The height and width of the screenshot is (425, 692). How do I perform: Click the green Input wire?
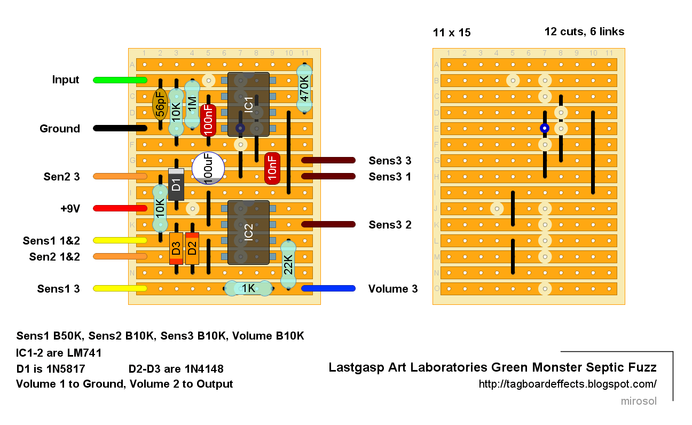(120, 80)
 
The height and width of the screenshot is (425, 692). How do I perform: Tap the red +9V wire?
(120, 208)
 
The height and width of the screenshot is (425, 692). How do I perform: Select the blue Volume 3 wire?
(328, 288)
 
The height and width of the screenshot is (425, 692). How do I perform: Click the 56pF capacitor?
(160, 105)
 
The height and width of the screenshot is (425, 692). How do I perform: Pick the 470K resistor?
(304, 88)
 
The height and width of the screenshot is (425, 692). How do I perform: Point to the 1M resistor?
(192, 105)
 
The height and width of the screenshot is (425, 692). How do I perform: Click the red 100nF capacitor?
(208, 121)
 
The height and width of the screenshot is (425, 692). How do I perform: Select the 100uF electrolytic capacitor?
(208, 168)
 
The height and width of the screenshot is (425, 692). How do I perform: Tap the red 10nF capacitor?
(272, 169)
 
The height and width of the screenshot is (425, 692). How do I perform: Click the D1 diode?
(176, 184)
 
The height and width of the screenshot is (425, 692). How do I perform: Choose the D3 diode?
(176, 249)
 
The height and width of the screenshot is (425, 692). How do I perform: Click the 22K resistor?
(288, 265)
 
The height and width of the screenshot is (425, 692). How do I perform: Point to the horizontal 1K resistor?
(248, 288)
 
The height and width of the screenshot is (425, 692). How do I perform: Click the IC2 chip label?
(248, 232)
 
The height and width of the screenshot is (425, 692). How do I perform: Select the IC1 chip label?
(248, 105)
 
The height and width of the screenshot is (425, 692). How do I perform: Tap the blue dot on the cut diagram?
(545, 128)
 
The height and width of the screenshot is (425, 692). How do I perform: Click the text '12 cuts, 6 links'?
(584, 32)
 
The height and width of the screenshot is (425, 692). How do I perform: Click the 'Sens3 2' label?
(390, 225)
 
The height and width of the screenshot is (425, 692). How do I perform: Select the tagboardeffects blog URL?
(568, 384)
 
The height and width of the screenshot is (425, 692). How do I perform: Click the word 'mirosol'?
(639, 401)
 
